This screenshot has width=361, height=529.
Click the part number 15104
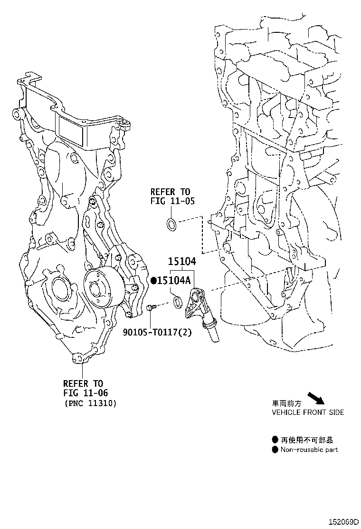click(x=181, y=261)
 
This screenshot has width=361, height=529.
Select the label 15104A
click(x=173, y=281)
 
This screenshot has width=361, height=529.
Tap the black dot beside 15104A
click(x=153, y=281)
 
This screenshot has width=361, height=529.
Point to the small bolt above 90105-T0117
click(x=150, y=309)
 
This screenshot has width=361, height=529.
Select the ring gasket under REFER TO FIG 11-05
click(x=171, y=224)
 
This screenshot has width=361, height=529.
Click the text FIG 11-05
click(x=172, y=202)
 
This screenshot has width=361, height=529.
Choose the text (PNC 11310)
click(x=90, y=403)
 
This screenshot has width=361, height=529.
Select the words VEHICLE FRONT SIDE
click(x=308, y=412)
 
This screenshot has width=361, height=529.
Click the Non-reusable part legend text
click(x=309, y=450)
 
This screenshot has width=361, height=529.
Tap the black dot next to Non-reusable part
click(x=275, y=450)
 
